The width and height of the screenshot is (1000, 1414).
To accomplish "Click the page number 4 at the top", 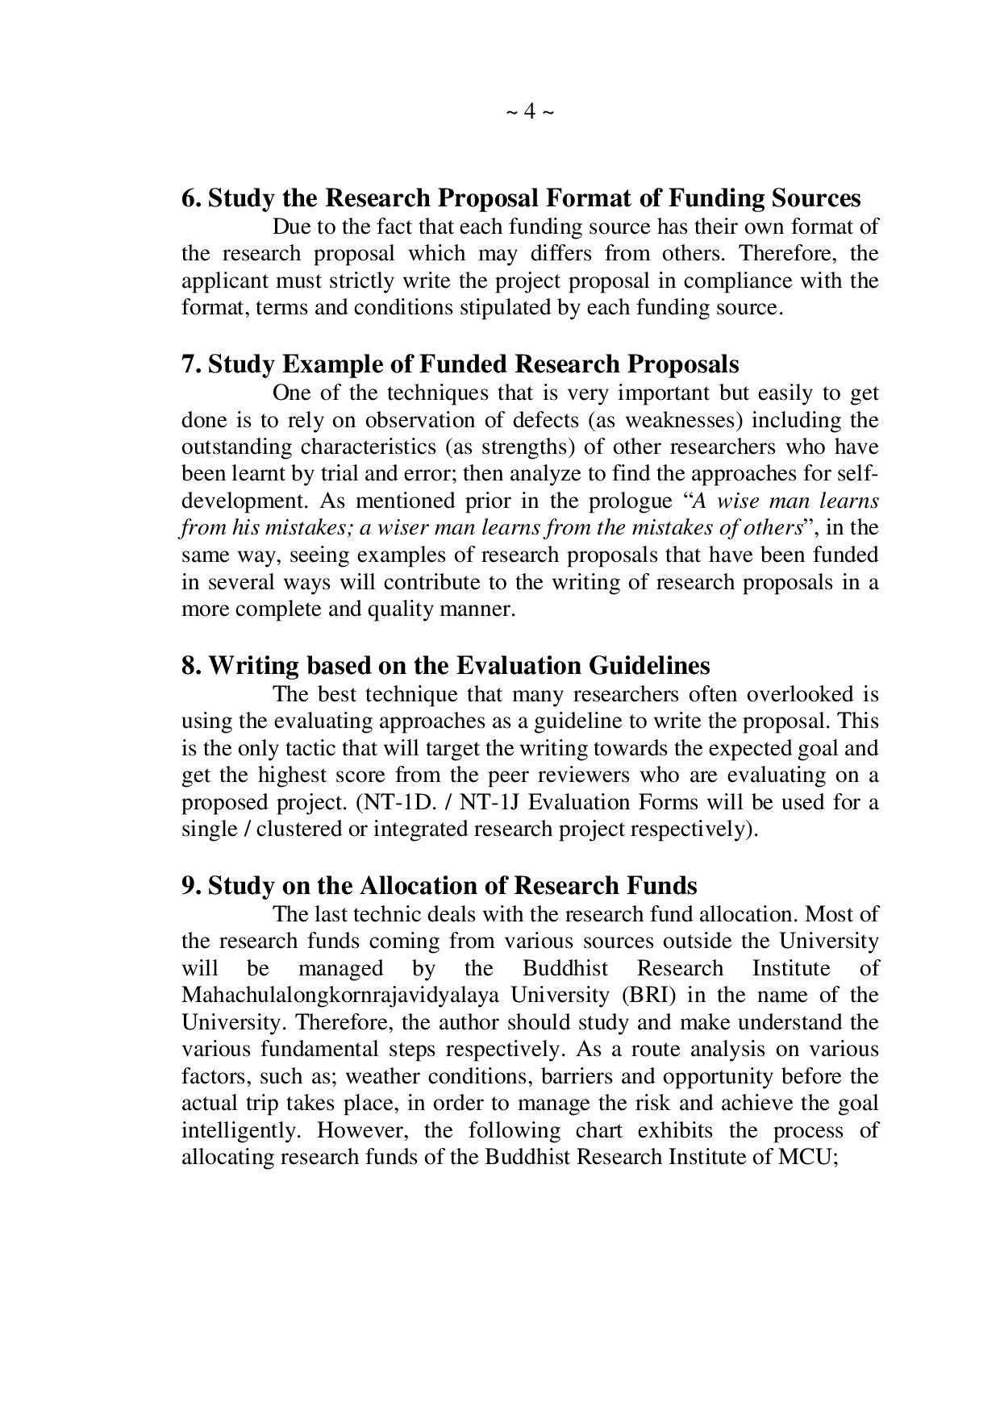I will pos(530,111).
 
